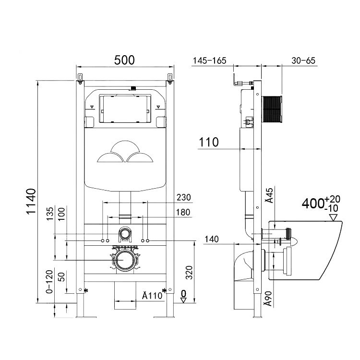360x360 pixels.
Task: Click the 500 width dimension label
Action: click(x=124, y=60)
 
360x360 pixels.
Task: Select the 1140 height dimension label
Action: click(x=30, y=202)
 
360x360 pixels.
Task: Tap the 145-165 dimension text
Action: click(x=209, y=60)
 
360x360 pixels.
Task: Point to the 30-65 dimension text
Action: click(x=303, y=60)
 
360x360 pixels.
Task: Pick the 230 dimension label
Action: click(x=184, y=197)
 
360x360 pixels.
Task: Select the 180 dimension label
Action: click(x=183, y=212)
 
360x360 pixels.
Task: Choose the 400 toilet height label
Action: click(x=312, y=204)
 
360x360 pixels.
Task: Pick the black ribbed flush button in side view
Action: click(x=273, y=109)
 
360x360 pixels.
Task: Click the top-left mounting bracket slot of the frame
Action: click(x=80, y=77)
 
